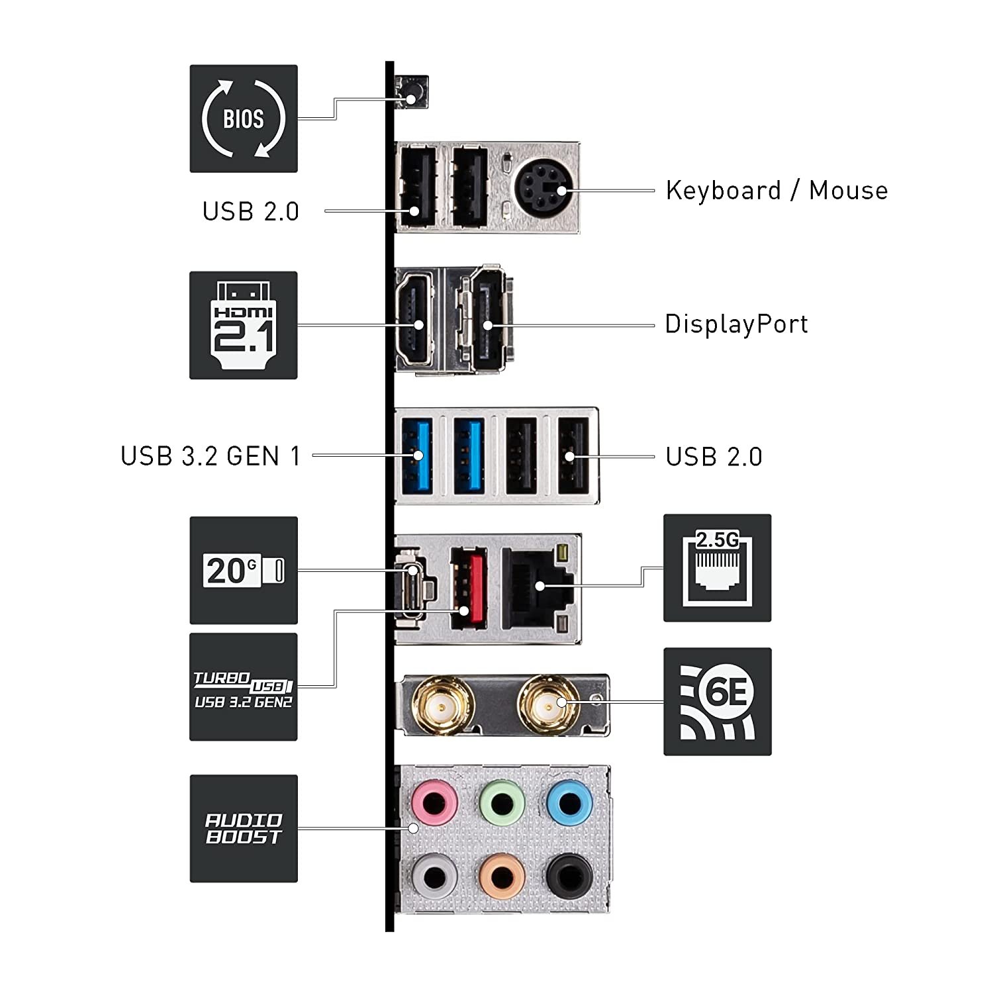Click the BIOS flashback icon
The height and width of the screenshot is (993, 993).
click(x=243, y=119)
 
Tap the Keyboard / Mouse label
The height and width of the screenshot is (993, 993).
click(x=776, y=191)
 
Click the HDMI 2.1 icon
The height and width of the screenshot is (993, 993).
click(x=243, y=325)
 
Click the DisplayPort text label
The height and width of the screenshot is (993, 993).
click(x=736, y=324)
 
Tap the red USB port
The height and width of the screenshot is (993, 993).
click(x=467, y=588)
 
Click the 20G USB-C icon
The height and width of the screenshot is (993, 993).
click(x=243, y=571)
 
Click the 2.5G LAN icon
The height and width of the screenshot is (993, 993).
click(x=717, y=568)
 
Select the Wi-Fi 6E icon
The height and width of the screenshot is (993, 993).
click(x=717, y=702)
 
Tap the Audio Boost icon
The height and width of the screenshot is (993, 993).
click(x=243, y=828)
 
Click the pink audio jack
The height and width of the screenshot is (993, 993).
click(x=434, y=804)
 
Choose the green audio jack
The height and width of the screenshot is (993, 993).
click(x=502, y=804)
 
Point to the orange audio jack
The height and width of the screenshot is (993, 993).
click(x=501, y=878)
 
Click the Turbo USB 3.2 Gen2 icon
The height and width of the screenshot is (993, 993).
click(x=243, y=687)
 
